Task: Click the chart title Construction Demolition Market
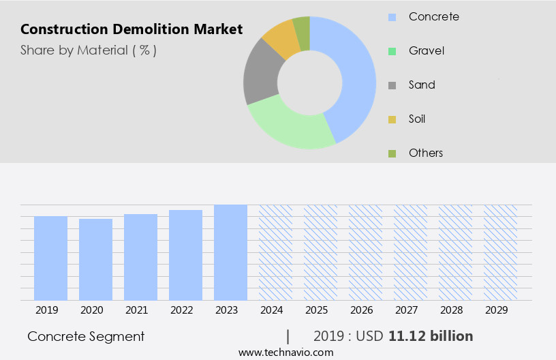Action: point(132,29)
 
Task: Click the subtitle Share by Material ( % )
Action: point(89,50)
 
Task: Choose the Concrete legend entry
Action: point(433,16)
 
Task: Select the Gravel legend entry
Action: point(427,50)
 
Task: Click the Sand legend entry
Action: point(422,85)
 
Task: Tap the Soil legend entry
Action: point(417,119)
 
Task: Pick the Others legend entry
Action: point(426,153)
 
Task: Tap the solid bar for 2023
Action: point(230,252)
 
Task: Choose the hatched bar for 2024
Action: point(275,252)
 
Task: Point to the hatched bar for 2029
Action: point(500,252)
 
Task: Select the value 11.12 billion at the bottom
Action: point(431,336)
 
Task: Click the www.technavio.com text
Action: point(286,352)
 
